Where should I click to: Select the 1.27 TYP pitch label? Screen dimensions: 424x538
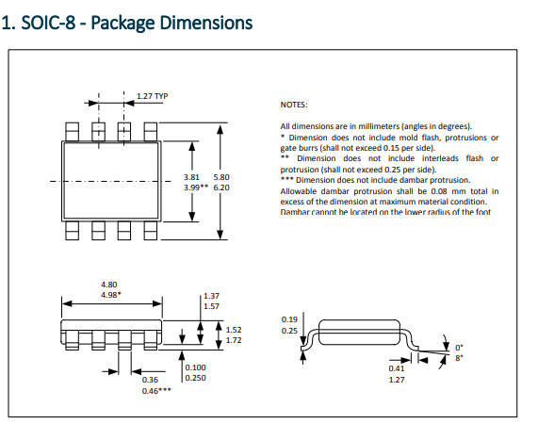[x=153, y=96]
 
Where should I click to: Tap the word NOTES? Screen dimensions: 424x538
[x=295, y=106]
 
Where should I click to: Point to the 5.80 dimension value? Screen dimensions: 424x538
[x=222, y=176]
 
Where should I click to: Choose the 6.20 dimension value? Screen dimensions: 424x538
[x=222, y=188]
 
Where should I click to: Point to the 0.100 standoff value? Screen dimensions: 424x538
[x=196, y=367]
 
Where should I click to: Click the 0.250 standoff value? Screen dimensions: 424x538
[x=196, y=378]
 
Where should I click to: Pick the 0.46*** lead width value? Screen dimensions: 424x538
[x=156, y=389]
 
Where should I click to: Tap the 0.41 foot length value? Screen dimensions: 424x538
[x=397, y=368]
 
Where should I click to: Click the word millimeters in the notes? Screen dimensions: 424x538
[x=375, y=126]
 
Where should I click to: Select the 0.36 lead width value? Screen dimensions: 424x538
[x=150, y=379]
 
